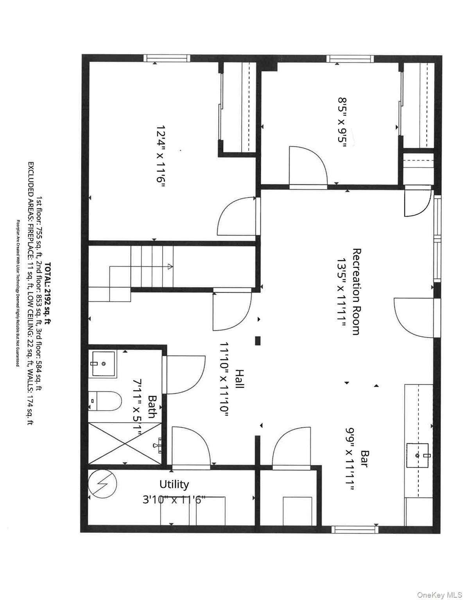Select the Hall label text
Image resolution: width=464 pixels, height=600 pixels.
click(x=240, y=379)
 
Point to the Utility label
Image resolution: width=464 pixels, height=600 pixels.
click(x=174, y=484)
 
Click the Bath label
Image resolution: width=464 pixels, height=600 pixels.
click(x=152, y=407)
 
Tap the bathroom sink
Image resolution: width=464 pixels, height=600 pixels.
click(x=104, y=364)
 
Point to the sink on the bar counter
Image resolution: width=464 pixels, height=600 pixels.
click(x=417, y=455)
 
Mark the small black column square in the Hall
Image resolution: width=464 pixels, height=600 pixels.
click(x=258, y=341)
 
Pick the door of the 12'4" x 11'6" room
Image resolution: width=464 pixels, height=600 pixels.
click(x=236, y=216)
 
